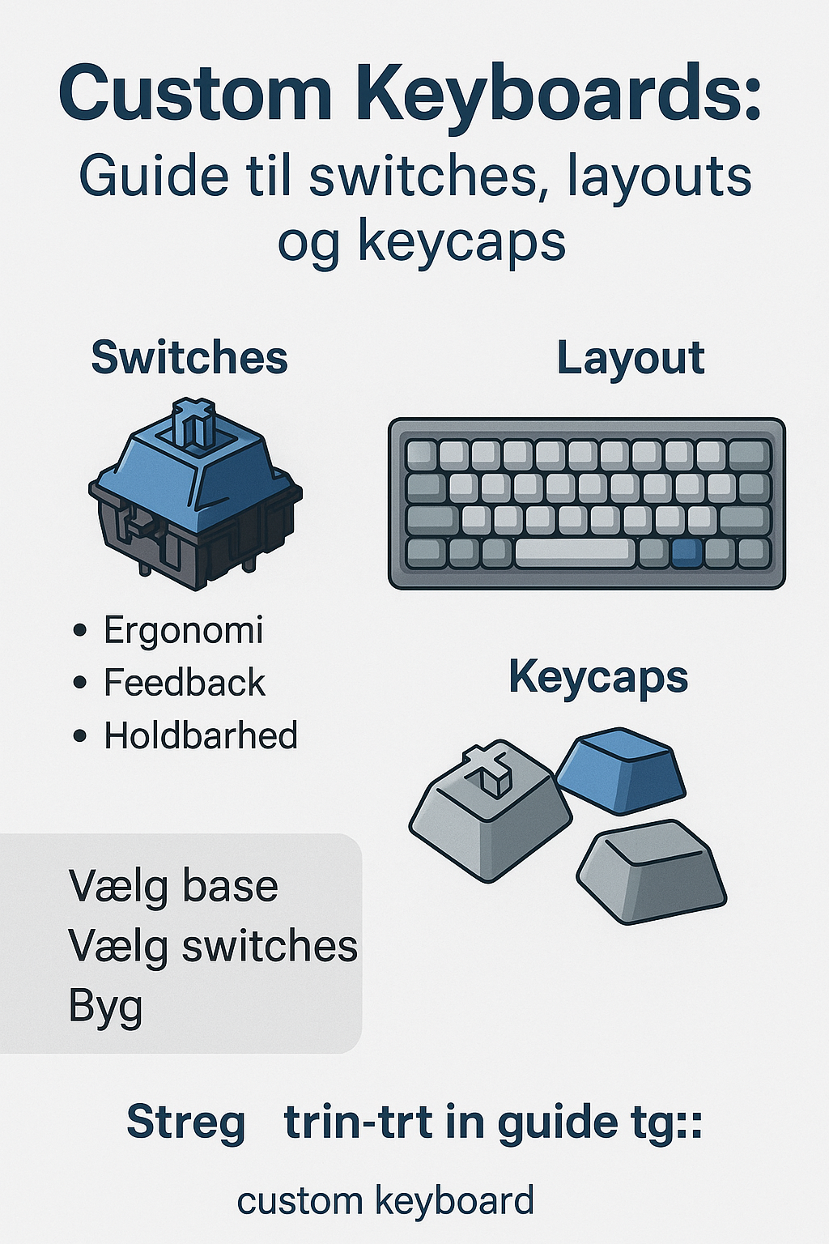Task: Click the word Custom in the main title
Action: click(x=195, y=94)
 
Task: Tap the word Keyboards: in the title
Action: click(x=559, y=94)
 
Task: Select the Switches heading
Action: click(x=189, y=357)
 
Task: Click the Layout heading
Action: click(x=631, y=359)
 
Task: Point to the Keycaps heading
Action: click(x=598, y=677)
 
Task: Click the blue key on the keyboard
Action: click(x=687, y=552)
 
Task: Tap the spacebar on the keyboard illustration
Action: click(x=575, y=552)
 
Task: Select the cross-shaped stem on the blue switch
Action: click(x=193, y=421)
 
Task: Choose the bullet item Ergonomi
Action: click(x=183, y=630)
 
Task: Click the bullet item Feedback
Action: click(x=184, y=683)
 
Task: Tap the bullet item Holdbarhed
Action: click(x=201, y=735)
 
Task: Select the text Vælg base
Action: click(x=173, y=886)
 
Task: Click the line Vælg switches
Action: click(x=213, y=946)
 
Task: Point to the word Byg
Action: click(x=105, y=1007)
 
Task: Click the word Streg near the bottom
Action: click(x=185, y=1123)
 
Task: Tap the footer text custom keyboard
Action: click(x=385, y=1200)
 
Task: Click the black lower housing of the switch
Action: click(x=194, y=543)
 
